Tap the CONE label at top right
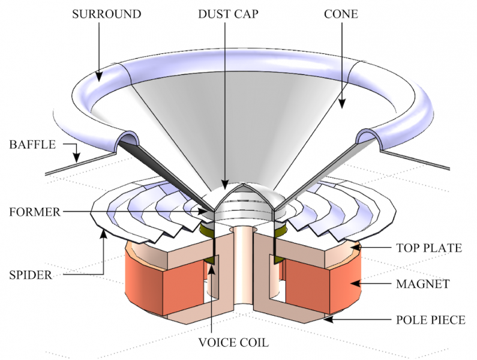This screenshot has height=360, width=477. tap(341, 13)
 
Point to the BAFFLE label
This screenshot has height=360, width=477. tap(32, 145)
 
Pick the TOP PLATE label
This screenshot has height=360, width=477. tap(428, 247)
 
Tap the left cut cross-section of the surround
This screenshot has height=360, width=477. tap(128, 142)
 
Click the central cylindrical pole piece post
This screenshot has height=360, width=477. tap(243, 264)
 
